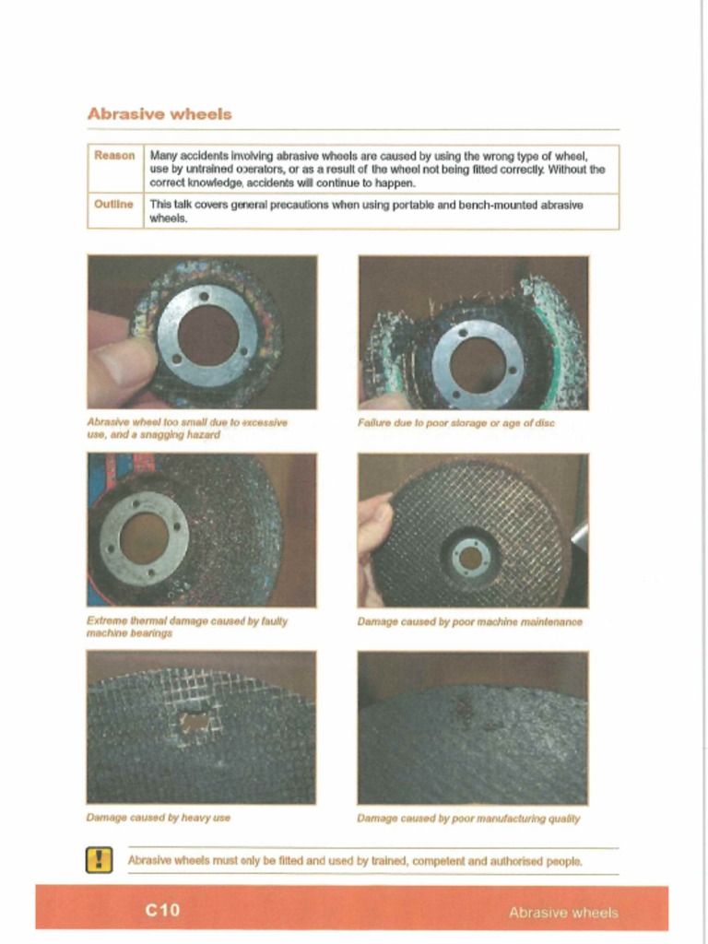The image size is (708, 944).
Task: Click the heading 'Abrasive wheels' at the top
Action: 159,114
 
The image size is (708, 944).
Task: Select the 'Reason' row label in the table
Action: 114,156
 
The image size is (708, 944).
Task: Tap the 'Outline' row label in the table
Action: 114,205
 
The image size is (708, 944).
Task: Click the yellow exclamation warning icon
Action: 99,860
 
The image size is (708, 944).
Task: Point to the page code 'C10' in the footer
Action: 162,911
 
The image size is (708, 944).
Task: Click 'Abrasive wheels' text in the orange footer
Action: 563,913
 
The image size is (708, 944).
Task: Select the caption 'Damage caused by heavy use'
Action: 158,818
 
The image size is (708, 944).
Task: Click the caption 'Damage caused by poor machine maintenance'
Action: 469,622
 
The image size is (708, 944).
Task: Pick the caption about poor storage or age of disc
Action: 456,423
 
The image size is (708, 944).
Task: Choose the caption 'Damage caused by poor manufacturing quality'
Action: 468,818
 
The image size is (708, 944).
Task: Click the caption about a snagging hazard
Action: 187,429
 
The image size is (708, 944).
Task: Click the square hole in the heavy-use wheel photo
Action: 195,721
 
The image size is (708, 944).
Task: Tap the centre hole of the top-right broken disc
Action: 477,363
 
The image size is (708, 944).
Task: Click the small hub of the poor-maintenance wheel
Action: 471,558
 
